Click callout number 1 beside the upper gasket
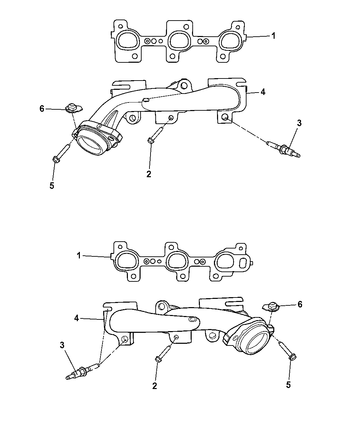coord(273,36)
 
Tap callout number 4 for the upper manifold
coord(263,92)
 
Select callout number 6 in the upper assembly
coord(42,109)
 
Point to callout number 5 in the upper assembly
coord(52,185)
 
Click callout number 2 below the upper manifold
coord(148,174)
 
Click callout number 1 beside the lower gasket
coord(79,255)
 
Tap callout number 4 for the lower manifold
coord(77,318)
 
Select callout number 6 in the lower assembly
coord(300,304)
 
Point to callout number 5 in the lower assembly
coord(288,385)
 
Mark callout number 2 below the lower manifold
coord(155,386)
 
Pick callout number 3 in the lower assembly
coord(62,346)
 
